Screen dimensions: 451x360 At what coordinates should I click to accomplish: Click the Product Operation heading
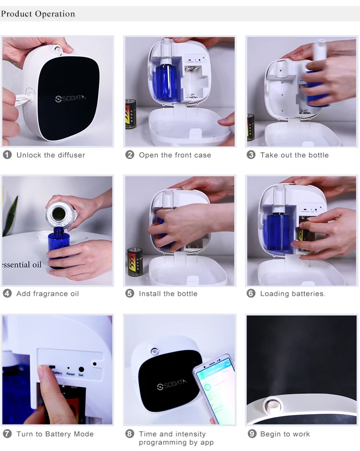point(38,13)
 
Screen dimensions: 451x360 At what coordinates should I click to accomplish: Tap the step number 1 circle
point(7,155)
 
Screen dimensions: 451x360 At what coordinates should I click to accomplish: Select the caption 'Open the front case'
point(175,155)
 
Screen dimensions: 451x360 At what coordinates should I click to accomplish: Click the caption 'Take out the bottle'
point(294,155)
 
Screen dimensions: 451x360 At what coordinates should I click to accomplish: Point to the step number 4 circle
point(7,293)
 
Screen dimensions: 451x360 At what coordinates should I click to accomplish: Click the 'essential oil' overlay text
point(22,265)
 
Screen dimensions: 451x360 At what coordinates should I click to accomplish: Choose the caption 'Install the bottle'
point(168,293)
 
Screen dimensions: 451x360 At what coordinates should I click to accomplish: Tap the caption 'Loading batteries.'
point(292,293)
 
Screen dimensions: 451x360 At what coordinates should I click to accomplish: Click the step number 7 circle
point(7,434)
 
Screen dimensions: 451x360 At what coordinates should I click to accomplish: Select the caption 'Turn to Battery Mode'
point(55,434)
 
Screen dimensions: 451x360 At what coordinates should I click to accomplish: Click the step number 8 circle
point(130,434)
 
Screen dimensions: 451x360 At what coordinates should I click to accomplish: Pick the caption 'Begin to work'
point(285,434)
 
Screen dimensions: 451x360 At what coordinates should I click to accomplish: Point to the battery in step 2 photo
point(131,114)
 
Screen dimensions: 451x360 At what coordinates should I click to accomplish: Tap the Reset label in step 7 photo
point(71,374)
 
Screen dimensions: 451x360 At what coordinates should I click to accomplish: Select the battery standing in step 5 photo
point(134,262)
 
